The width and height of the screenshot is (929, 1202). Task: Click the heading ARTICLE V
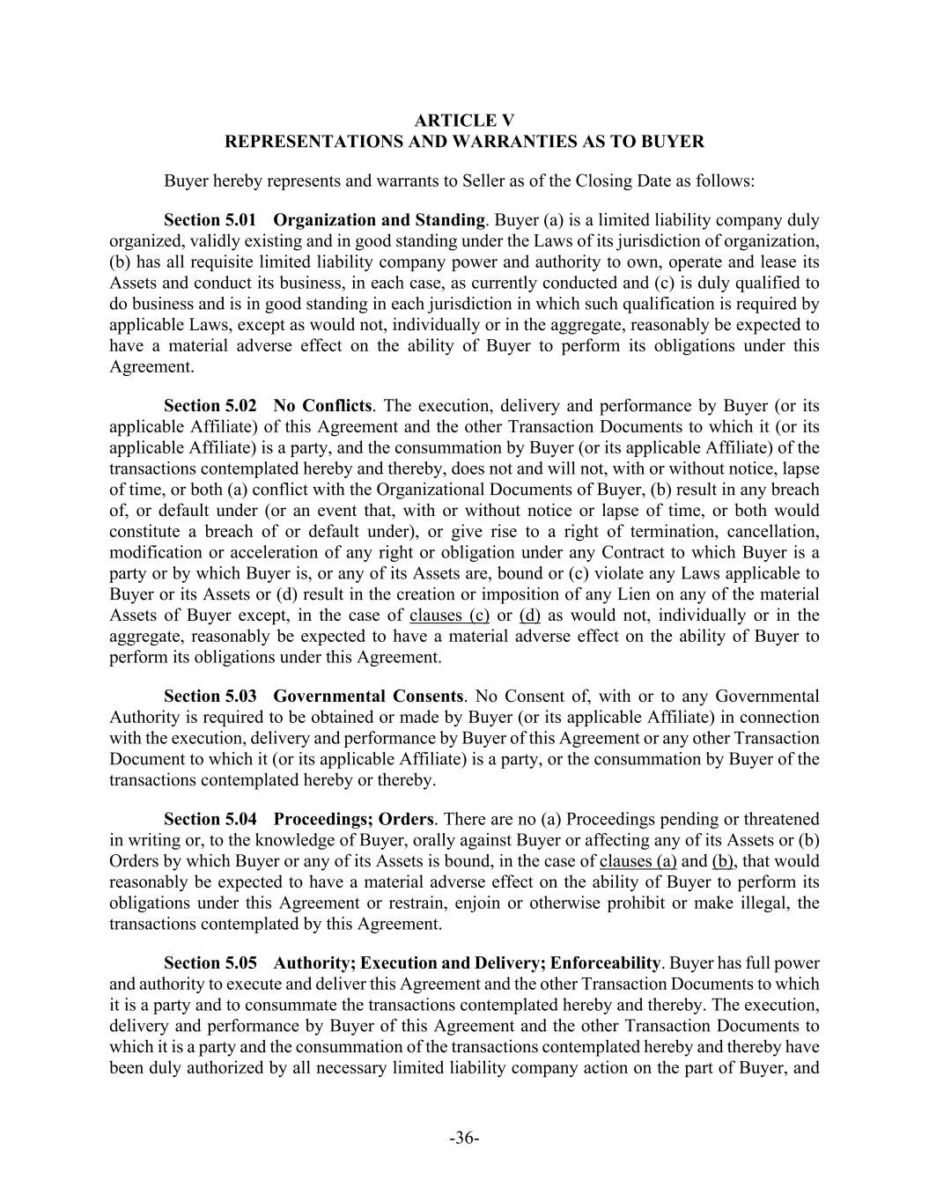click(x=464, y=121)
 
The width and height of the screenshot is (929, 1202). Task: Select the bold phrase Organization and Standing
click(x=380, y=220)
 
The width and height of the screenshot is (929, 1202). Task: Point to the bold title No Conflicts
click(x=322, y=406)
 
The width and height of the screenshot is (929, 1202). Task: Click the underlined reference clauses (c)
click(x=449, y=616)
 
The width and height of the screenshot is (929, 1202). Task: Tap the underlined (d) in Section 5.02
click(x=529, y=616)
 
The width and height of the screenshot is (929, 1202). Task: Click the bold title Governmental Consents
click(x=368, y=697)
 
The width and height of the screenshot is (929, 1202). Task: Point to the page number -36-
click(x=464, y=1139)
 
